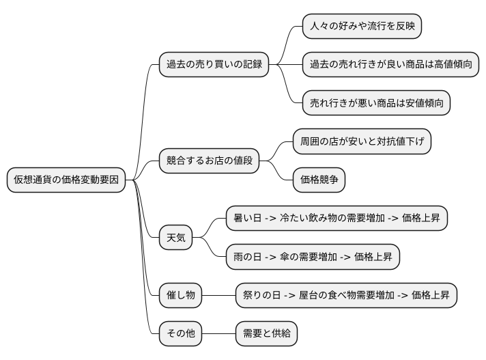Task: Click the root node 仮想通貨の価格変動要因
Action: tap(66, 180)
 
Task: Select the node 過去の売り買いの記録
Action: tap(213, 65)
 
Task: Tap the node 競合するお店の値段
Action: tap(209, 161)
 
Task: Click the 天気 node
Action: tap(175, 238)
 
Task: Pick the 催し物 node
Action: tap(180, 295)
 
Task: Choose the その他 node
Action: tap(180, 333)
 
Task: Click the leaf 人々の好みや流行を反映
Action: tap(362, 27)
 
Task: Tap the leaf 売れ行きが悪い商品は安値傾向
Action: tap(377, 103)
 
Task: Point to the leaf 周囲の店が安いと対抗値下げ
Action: tap(362, 142)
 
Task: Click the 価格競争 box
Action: tap(319, 180)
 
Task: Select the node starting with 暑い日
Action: tap(337, 219)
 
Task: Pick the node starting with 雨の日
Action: tap(313, 257)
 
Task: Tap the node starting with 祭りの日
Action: tap(346, 295)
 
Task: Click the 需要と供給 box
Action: tap(266, 333)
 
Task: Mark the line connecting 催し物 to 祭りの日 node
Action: tap(219, 295)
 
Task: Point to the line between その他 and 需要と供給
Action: tap(219, 333)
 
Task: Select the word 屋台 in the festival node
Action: tap(309, 296)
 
